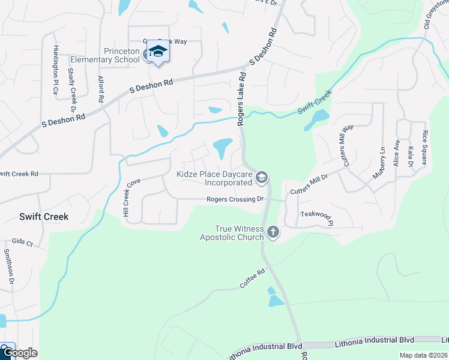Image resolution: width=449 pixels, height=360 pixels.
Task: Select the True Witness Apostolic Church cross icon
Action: point(273,232)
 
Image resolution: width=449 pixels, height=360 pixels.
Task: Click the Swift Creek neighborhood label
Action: point(43,217)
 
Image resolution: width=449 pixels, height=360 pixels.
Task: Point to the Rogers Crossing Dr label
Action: point(235,199)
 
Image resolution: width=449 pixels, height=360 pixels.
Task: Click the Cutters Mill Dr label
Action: point(309,184)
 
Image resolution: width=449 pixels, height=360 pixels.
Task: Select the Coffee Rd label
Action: point(252,280)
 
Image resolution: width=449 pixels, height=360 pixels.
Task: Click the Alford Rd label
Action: point(101,88)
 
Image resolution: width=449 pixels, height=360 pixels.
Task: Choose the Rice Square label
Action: point(424,148)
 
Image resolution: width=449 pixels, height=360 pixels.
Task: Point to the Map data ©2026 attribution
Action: point(423,355)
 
